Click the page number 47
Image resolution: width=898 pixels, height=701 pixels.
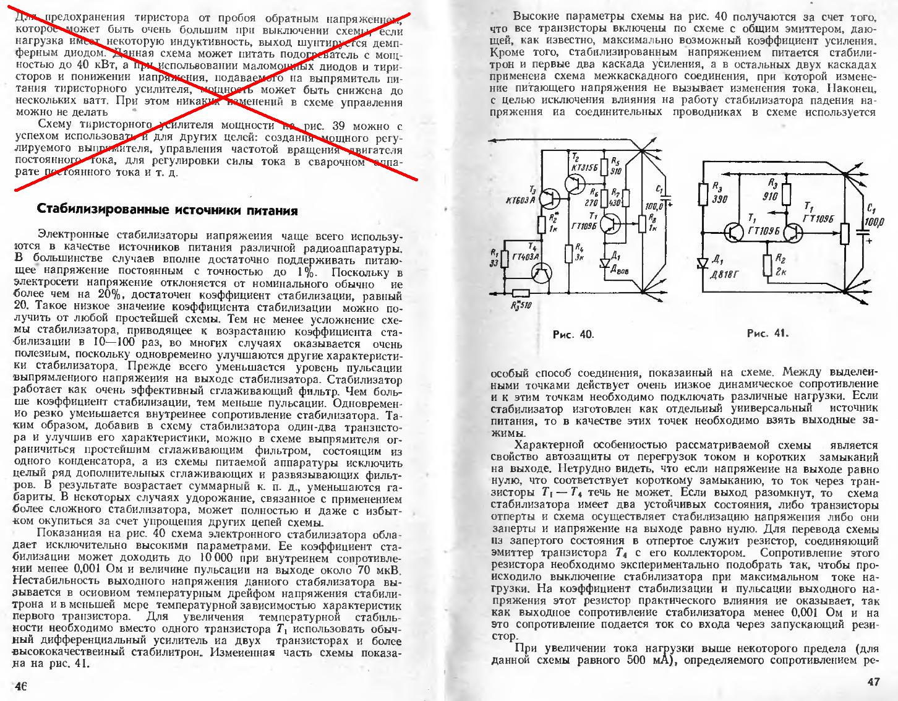pos(873,682)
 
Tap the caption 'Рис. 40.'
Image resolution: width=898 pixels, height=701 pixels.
pos(573,335)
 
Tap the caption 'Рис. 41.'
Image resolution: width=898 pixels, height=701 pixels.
pos(768,333)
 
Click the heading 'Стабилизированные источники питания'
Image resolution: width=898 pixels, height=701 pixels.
pos(168,210)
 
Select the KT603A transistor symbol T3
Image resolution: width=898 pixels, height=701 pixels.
pos(549,198)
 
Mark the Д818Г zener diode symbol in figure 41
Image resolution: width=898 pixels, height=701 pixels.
pos(702,263)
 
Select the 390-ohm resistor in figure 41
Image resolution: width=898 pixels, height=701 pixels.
pos(702,194)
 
